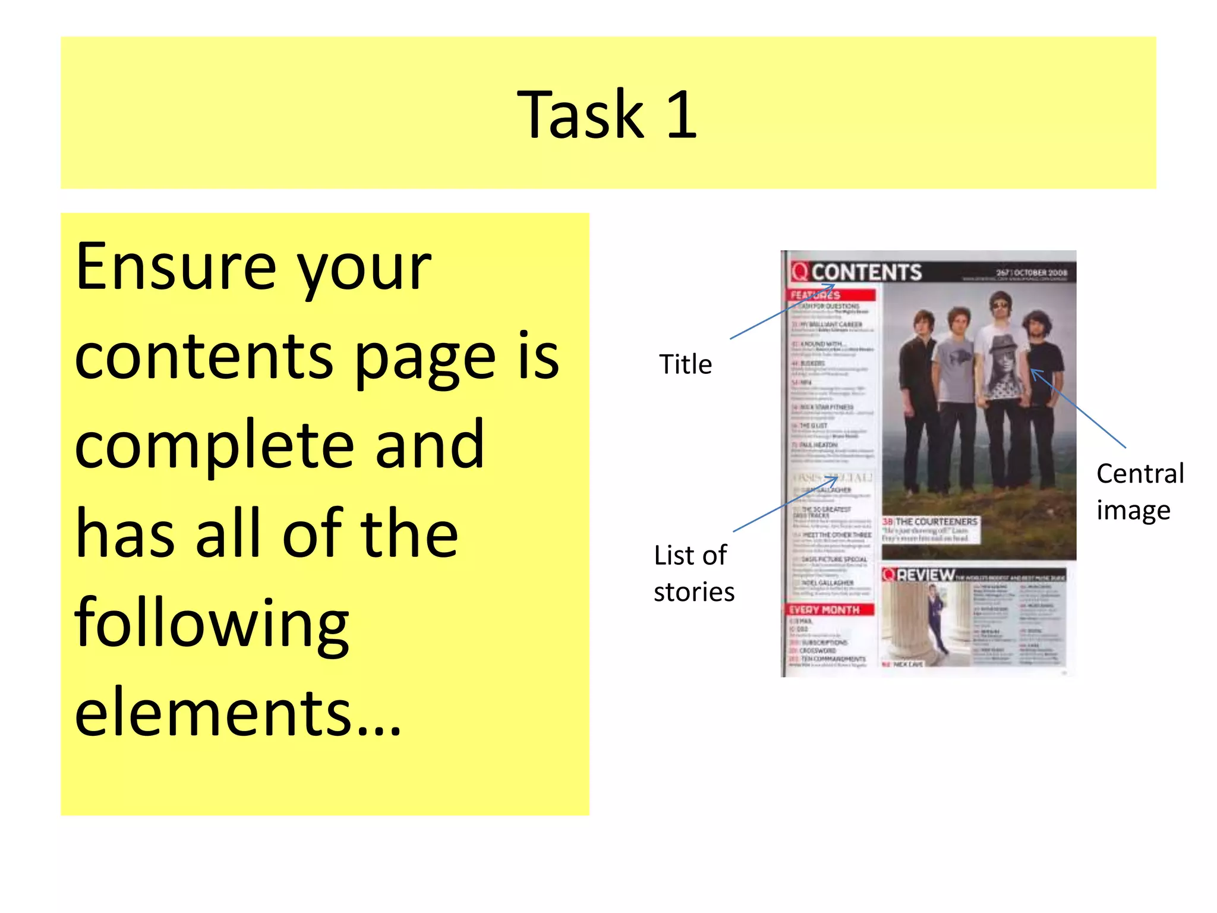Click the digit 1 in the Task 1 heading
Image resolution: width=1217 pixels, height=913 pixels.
tap(681, 114)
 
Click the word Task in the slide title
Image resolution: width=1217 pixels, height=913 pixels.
tap(580, 114)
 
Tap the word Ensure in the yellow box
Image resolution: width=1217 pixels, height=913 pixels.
tap(176, 267)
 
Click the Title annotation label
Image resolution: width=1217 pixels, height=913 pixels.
tap(685, 364)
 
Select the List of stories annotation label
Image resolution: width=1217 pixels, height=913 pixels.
tap(693, 574)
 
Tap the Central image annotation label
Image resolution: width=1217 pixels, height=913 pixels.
tap(1140, 492)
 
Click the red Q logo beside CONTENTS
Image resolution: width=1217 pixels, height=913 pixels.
tap(800, 272)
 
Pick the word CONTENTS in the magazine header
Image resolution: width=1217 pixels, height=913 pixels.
tap(866, 272)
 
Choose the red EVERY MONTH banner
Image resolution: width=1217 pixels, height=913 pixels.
tap(830, 610)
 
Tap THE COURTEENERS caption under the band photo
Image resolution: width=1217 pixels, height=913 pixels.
tap(936, 521)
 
